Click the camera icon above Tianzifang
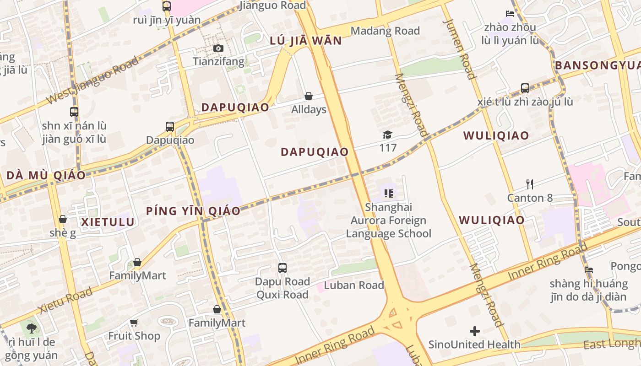point(218,48)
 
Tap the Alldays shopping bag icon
point(309,96)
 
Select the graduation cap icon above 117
point(388,135)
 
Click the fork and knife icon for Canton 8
point(530,184)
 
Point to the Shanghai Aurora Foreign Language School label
point(388,221)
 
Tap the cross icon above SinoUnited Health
point(475,331)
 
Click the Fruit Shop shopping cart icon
point(134,323)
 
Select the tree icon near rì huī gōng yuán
point(31,328)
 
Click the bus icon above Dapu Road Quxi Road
point(282,268)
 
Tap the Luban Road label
point(354,285)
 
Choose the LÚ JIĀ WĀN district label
point(306,41)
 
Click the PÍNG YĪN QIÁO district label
point(193,211)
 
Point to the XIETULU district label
point(108,222)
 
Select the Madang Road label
point(385,31)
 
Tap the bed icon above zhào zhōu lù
point(510,13)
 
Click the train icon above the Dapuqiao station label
point(170,127)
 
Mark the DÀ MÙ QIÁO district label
point(46,176)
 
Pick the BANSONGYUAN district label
point(598,65)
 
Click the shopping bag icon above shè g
point(63,220)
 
